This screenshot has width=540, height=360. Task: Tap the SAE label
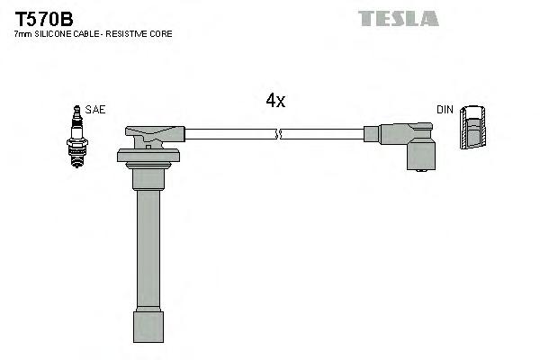click(x=94, y=109)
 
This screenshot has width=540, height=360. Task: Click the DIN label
click(x=445, y=109)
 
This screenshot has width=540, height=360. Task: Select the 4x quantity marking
click(x=275, y=101)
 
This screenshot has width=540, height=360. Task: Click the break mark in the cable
click(x=279, y=135)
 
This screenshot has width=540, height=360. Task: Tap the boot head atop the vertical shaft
click(x=148, y=138)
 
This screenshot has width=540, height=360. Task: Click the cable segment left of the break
click(x=229, y=135)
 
